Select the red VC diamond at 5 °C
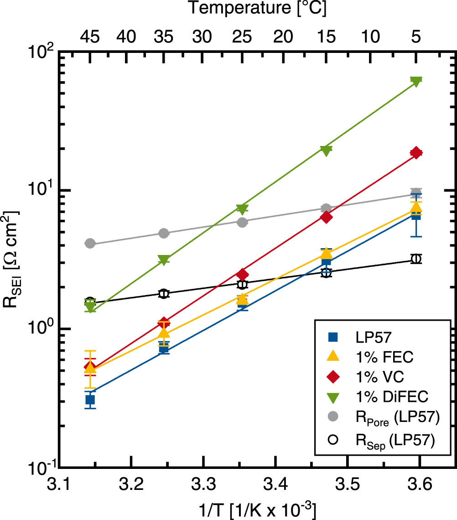(x=415, y=153)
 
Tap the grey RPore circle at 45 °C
(x=90, y=244)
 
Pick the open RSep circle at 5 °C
(x=415, y=259)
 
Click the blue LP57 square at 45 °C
(x=90, y=400)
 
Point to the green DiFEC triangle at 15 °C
(x=326, y=151)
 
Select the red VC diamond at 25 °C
(x=243, y=275)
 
